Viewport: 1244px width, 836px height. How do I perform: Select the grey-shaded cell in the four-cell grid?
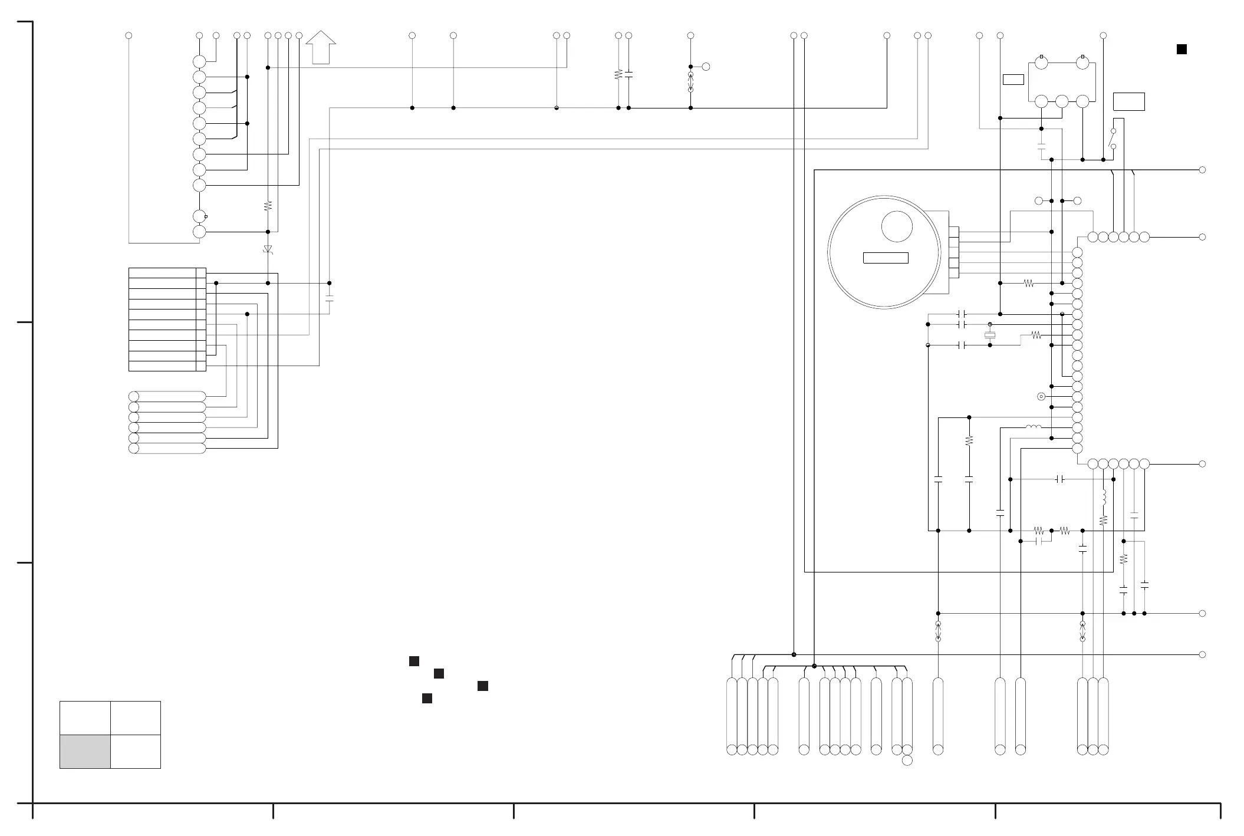point(85,751)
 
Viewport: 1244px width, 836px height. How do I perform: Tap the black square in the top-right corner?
point(1182,50)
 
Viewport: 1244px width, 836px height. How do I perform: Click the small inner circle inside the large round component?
point(897,226)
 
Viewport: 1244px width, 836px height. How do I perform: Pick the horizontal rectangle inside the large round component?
point(886,258)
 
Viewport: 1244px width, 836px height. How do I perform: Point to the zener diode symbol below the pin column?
point(268,249)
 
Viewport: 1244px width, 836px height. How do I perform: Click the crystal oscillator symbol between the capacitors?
point(990,335)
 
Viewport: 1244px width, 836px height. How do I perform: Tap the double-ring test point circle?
point(1041,397)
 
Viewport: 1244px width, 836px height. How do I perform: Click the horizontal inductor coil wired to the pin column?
point(1034,427)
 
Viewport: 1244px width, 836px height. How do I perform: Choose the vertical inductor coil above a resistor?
point(1103,497)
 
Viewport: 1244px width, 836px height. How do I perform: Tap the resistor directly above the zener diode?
point(268,206)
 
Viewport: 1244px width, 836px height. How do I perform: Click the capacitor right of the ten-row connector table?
point(330,298)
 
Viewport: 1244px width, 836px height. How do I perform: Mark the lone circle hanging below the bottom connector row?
point(907,761)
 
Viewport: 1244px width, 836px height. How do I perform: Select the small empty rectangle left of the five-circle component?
point(1013,80)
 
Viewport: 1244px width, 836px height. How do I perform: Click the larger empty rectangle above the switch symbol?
point(1128,101)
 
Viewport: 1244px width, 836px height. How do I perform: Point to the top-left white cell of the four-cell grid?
point(85,717)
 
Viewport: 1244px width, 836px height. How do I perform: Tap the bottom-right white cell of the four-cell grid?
point(136,751)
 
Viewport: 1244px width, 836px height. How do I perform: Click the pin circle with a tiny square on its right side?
point(200,216)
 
